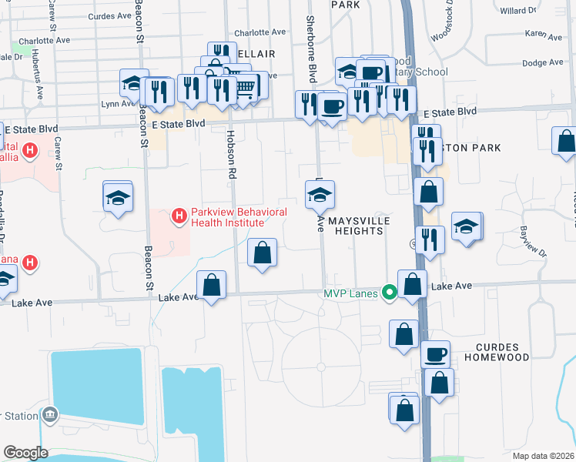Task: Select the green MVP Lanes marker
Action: click(390, 293)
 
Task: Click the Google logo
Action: click(25, 453)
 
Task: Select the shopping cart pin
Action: click(244, 86)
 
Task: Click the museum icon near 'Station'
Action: click(51, 416)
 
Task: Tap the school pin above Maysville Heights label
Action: click(320, 195)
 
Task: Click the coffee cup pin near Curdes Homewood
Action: click(436, 354)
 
